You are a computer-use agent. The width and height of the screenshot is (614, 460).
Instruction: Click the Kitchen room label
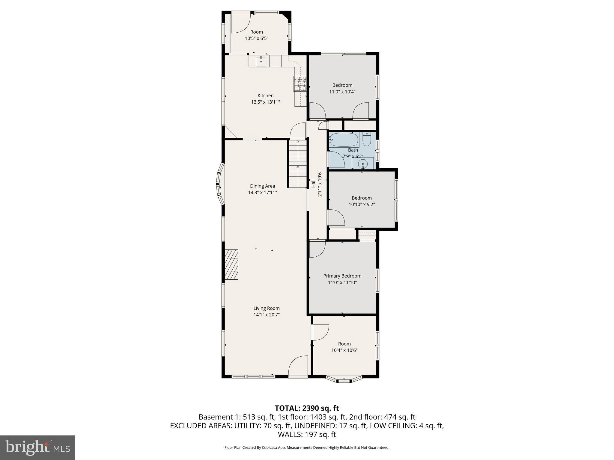(x=265, y=96)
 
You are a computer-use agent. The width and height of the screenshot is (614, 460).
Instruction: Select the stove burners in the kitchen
(x=300, y=84)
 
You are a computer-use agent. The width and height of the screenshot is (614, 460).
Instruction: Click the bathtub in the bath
(x=344, y=140)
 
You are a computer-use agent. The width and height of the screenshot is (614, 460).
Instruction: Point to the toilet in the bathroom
(x=367, y=139)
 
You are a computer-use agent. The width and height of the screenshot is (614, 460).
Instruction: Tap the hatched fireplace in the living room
(x=231, y=265)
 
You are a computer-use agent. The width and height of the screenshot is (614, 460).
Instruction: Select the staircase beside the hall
(x=298, y=164)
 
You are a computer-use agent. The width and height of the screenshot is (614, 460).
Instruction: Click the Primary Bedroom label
(x=342, y=276)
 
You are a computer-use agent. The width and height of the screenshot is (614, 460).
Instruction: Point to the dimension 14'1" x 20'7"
(x=267, y=315)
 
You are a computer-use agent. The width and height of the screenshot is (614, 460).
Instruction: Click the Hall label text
(x=313, y=184)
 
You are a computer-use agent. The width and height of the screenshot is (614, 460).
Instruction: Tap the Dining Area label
(x=262, y=186)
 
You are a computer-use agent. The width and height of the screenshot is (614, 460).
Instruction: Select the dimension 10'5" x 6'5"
(x=256, y=38)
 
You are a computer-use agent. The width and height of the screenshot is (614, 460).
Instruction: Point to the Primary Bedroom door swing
(x=317, y=249)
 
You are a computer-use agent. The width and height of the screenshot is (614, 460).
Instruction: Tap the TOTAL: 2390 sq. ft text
(x=307, y=408)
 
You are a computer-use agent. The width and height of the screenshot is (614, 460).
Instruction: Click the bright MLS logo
(x=37, y=447)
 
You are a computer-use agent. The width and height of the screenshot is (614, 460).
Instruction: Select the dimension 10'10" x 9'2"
(x=362, y=205)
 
